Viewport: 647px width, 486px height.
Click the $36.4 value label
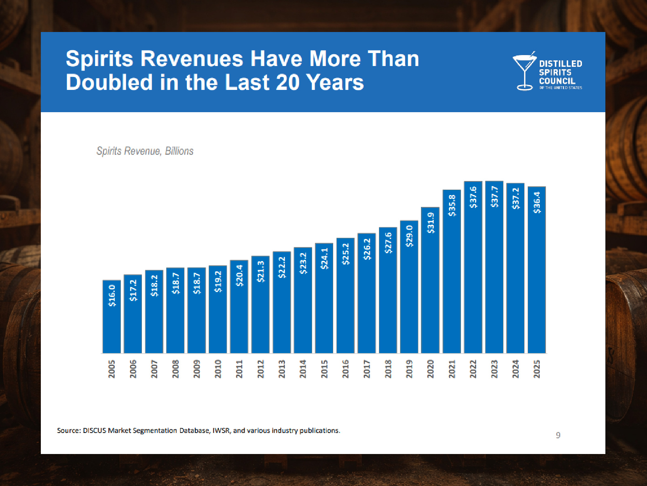pyautogui.click(x=537, y=202)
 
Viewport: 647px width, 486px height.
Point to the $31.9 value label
pyautogui.click(x=431, y=223)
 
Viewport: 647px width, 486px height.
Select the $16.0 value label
pyautogui.click(x=112, y=295)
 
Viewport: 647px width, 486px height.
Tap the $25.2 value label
pyautogui.click(x=345, y=254)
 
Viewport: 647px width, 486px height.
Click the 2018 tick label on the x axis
pyautogui.click(x=388, y=369)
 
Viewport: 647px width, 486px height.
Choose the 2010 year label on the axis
pyautogui.click(x=218, y=369)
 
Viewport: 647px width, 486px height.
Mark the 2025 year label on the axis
pyautogui.click(x=537, y=369)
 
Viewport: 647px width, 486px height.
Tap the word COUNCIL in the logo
pyautogui.click(x=557, y=81)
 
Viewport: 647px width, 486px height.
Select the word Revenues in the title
pyautogui.click(x=192, y=59)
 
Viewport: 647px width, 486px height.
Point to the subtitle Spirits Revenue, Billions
pyautogui.click(x=145, y=151)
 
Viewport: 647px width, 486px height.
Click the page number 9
pyautogui.click(x=558, y=435)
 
